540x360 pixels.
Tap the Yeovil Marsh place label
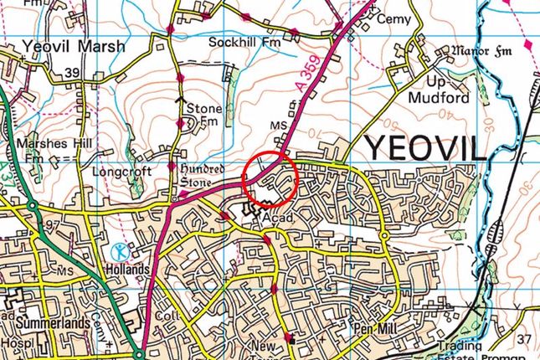(74, 47)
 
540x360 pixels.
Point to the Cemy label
(395, 18)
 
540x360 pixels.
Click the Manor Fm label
(476, 52)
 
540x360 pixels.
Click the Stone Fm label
(203, 115)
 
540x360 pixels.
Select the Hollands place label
(127, 270)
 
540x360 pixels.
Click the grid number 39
(72, 74)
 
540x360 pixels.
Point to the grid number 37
(523, 338)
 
